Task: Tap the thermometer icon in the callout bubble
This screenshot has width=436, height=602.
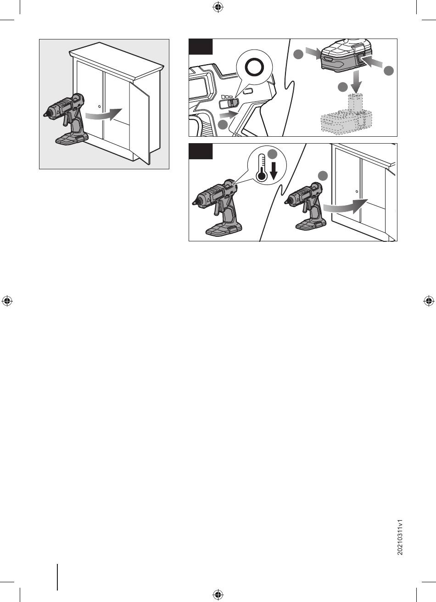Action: click(x=261, y=167)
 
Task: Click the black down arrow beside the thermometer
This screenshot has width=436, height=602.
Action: click(x=274, y=172)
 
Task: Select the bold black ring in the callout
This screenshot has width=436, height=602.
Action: click(x=255, y=67)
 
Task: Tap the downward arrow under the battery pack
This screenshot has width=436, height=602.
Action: click(x=357, y=82)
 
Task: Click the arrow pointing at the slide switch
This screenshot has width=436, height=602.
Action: click(x=229, y=115)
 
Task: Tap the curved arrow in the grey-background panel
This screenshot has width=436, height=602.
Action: click(x=104, y=115)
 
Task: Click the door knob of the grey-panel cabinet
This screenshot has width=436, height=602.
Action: click(x=100, y=107)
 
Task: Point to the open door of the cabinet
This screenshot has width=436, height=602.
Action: click(x=139, y=123)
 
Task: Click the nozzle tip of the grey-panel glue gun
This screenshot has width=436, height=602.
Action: click(x=45, y=115)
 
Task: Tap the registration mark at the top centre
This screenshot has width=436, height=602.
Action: click(x=218, y=7)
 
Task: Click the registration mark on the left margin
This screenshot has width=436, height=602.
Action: click(x=7, y=301)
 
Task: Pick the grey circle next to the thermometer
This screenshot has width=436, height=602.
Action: click(x=273, y=154)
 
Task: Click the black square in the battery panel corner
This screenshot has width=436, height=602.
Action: click(x=201, y=47)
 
